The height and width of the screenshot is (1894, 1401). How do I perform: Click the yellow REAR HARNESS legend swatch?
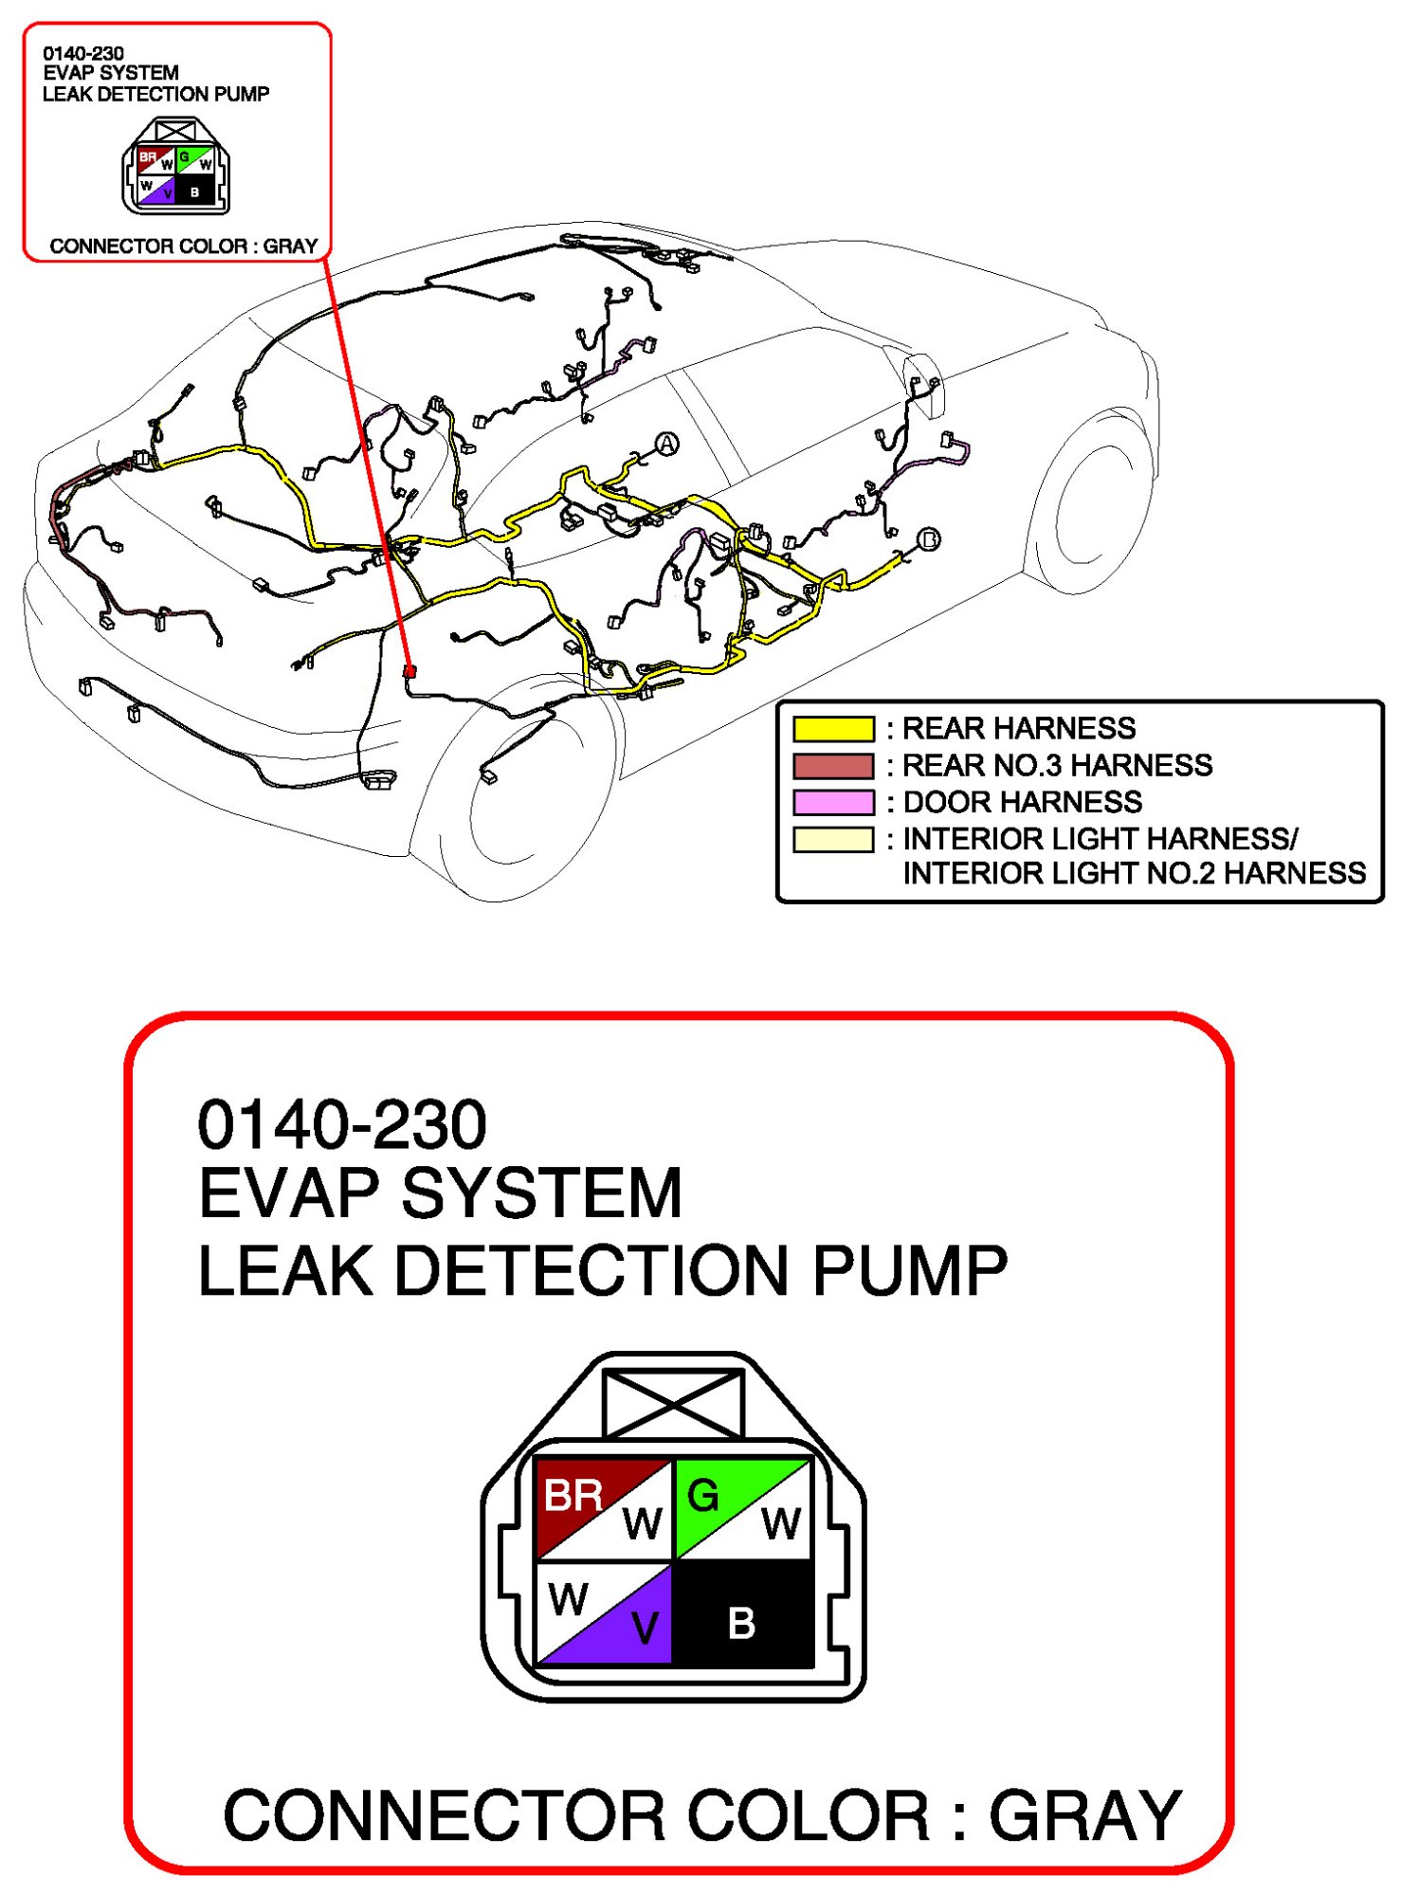coord(833,728)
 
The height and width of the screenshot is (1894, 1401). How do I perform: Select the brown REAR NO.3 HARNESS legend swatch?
coord(833,765)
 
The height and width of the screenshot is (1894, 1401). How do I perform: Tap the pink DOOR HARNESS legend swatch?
coord(833,802)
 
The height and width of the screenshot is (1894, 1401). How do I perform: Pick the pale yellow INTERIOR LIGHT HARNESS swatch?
coord(833,839)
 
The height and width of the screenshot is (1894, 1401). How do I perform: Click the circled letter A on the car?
coord(667,444)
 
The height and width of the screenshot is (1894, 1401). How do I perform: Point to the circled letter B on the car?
coord(929,539)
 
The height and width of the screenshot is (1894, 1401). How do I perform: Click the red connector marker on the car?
coord(409,671)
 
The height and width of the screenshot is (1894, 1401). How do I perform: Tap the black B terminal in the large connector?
coord(742,1623)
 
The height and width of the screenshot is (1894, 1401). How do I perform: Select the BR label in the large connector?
coord(573,1496)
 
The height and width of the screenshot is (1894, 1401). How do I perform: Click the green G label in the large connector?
coord(702,1496)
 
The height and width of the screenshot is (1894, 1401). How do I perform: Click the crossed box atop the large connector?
coord(673,1404)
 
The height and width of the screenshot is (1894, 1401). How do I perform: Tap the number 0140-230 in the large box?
coord(342,1124)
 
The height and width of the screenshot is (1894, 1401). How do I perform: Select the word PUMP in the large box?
coord(910,1270)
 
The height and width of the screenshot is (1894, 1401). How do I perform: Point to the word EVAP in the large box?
coord(289,1193)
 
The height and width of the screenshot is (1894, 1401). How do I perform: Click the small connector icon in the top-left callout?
coord(176,166)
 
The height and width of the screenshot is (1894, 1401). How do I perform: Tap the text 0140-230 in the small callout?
coord(83,54)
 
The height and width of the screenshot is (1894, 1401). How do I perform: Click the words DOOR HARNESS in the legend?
coord(1023,802)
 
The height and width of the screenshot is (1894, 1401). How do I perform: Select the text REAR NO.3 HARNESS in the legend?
coord(1057,765)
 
